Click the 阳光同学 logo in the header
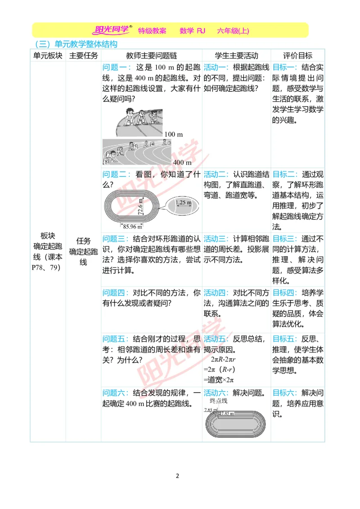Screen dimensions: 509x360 tap(112, 30)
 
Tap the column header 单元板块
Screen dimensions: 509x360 tap(48, 56)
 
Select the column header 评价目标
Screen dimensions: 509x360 tap(297, 56)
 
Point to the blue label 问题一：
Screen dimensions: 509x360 tap(117, 67)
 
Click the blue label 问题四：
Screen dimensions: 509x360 tap(117, 293)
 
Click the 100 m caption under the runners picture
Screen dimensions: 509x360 tap(174, 134)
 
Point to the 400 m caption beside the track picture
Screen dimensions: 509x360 tap(182, 162)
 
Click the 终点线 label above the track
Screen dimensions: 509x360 tap(219, 401)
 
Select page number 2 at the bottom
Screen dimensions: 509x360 tap(177, 476)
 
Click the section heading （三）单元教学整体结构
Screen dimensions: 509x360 tap(76, 44)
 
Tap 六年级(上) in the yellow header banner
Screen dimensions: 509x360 tap(233, 31)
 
